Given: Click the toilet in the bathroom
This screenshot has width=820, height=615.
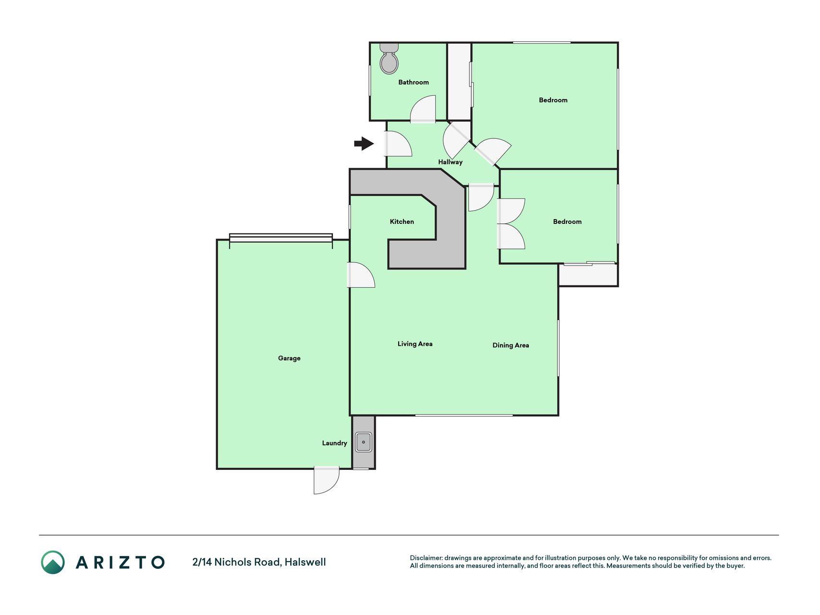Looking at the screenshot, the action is pos(389,59).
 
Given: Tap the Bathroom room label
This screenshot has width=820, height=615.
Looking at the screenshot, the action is pos(414,82).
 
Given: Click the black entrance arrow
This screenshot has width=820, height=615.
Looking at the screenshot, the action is pos(364,143).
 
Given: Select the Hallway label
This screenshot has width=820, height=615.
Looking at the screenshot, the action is pos(450,162).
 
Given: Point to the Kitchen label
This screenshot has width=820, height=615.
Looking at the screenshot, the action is pos(402,221).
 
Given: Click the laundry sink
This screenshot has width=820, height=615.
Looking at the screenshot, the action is pos(364,442).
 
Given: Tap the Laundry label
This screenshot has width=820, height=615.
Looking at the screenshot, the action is pos(334,443).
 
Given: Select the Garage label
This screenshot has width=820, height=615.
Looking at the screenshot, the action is pos(289,358).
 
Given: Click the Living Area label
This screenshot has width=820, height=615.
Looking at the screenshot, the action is pos(415,344).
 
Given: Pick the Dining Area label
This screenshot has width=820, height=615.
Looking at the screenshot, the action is pos(511,345).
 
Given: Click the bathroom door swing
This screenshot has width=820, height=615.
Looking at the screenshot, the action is pos(423,109).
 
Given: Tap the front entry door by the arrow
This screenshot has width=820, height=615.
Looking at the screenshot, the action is pos(398,144).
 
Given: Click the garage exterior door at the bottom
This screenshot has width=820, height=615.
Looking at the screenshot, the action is pos(327,480).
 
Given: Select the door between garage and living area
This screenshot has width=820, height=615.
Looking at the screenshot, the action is pos(361,275).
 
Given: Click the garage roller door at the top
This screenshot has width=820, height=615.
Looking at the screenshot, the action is pos(281,238).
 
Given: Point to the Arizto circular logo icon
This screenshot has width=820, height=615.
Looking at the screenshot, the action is pos(53,562).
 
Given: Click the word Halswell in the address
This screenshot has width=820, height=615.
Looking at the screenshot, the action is pos(305,562).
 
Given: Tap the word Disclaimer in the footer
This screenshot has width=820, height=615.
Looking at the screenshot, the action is pos(426,558).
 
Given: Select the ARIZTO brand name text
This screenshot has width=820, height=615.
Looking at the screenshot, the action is pos(120,562).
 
